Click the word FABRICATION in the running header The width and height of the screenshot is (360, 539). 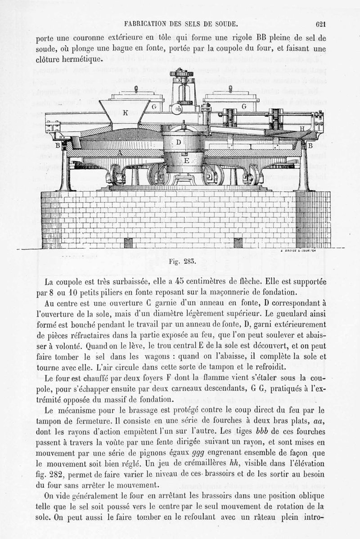coord(144,24)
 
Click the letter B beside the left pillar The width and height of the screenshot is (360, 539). coord(57,145)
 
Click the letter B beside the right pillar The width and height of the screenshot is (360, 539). coord(309,145)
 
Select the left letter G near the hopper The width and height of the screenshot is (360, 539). coord(153,107)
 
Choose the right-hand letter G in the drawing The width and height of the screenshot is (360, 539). coord(243,107)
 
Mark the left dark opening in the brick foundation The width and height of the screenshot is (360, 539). coord(128,243)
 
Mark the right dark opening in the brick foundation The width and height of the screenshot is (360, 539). coord(238,243)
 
